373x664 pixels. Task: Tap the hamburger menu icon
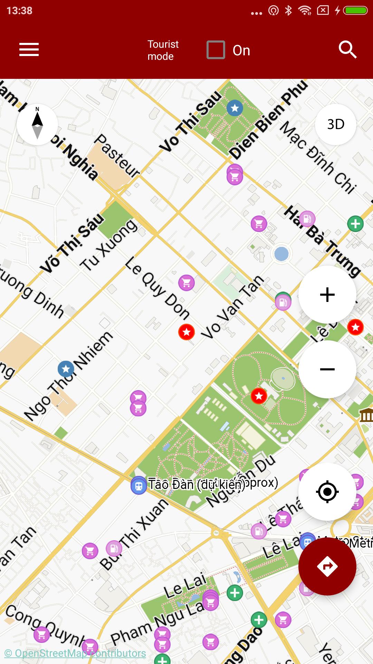(x=29, y=49)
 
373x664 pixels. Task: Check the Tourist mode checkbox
(x=216, y=50)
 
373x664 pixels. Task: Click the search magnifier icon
(x=347, y=50)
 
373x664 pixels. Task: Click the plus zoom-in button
(x=327, y=295)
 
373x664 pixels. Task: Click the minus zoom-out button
(x=327, y=369)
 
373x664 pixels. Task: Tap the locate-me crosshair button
(x=327, y=491)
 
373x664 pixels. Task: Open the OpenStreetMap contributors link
(x=75, y=653)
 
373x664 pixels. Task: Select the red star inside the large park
(x=259, y=396)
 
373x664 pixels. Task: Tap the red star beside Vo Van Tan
(x=186, y=332)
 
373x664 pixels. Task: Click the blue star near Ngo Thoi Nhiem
(x=66, y=369)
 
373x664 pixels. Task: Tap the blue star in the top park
(x=235, y=108)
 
